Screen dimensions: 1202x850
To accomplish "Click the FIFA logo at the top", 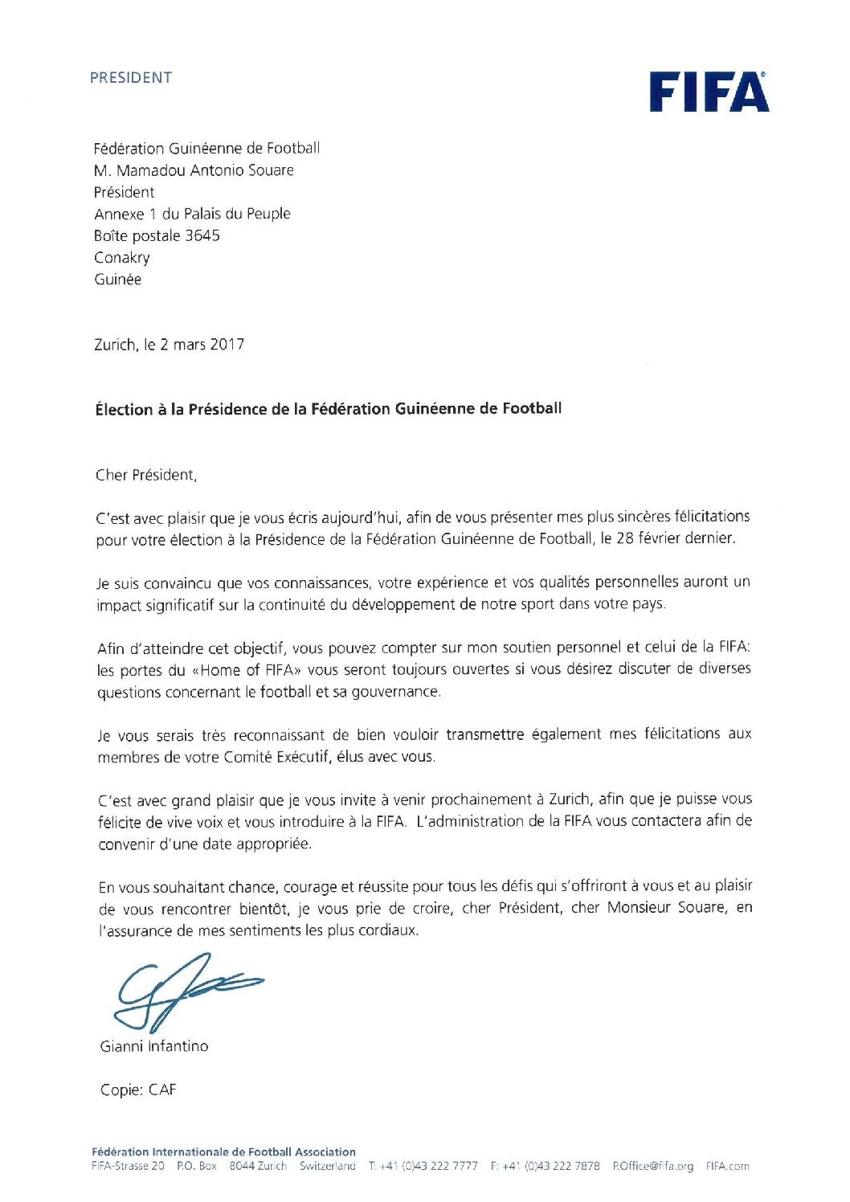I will point(709,92).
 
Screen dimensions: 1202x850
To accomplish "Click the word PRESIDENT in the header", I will point(131,78).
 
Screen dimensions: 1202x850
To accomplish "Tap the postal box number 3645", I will point(202,236).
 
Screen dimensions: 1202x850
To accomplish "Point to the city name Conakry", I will point(122,258).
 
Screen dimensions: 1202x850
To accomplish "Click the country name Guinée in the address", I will point(118,280).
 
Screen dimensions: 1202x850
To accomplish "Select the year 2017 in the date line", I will point(227,345).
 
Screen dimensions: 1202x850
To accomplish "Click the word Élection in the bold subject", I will point(124,410).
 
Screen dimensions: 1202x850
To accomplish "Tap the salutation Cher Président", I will point(145,475).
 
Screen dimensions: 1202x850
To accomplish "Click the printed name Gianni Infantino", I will point(154,1046).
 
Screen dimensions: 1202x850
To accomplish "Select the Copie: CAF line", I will point(138,1090).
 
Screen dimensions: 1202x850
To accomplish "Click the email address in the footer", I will point(652,1166).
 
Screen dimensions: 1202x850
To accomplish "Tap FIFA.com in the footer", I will point(727,1166).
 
